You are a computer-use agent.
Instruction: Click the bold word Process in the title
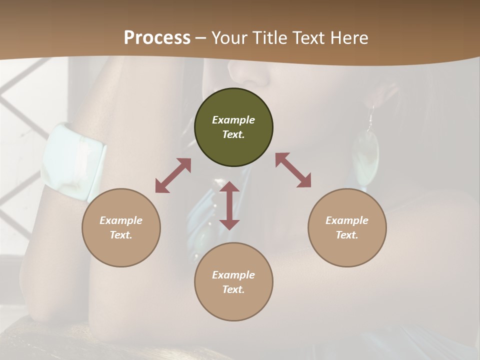click(x=157, y=37)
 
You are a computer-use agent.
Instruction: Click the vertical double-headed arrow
click(x=229, y=205)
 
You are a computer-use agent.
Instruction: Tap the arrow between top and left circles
click(x=173, y=175)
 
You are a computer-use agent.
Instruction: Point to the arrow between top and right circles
click(x=293, y=170)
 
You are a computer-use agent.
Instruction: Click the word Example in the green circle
click(x=233, y=120)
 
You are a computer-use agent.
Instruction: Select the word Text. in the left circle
click(x=121, y=235)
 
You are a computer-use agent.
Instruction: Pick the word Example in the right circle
click(x=347, y=220)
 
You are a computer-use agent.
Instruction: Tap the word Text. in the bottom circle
click(x=233, y=289)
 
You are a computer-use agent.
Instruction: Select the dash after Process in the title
click(x=200, y=38)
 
